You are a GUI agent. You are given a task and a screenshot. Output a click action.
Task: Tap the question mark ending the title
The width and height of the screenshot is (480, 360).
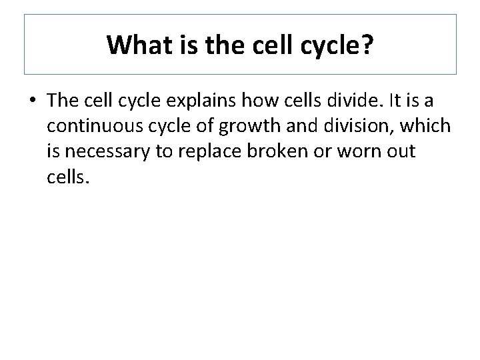[369, 45]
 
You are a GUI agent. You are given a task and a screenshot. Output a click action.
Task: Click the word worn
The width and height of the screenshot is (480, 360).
[365, 151]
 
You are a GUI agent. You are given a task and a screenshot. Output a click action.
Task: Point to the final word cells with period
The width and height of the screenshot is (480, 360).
[67, 175]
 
